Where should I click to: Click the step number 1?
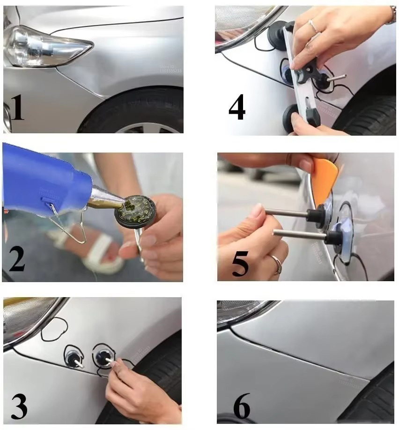click(x=17, y=107)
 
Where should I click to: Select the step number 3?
click(x=18, y=407)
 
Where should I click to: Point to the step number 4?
click(x=237, y=107)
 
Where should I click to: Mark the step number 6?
click(x=241, y=406)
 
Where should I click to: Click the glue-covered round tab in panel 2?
click(x=135, y=211)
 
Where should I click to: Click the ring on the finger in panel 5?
click(x=277, y=265)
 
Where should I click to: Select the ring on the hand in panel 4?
click(x=312, y=26)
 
